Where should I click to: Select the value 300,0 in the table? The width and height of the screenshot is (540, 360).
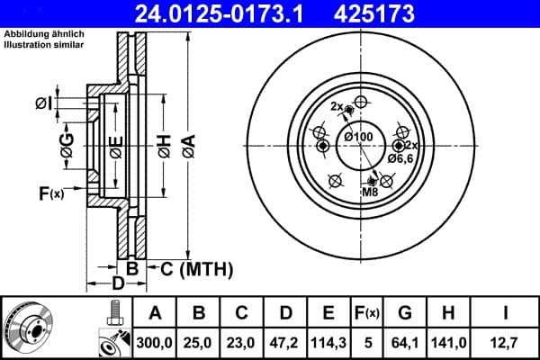(x=155, y=341)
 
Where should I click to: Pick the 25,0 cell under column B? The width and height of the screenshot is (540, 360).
(x=198, y=341)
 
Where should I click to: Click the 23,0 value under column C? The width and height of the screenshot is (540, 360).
(x=241, y=341)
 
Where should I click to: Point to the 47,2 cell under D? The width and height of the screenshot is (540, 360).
(x=284, y=341)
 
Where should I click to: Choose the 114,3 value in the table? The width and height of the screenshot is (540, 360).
(x=328, y=341)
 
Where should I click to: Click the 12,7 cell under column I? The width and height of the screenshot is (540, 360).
(x=506, y=341)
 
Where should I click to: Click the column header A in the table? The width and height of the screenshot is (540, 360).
(x=155, y=313)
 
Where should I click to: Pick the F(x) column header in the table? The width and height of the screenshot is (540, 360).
(x=368, y=313)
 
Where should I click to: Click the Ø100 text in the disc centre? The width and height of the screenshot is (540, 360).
(x=358, y=137)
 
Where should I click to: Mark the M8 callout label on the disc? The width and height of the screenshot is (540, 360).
(x=370, y=193)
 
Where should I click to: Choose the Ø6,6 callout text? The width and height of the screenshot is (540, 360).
(x=400, y=158)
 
